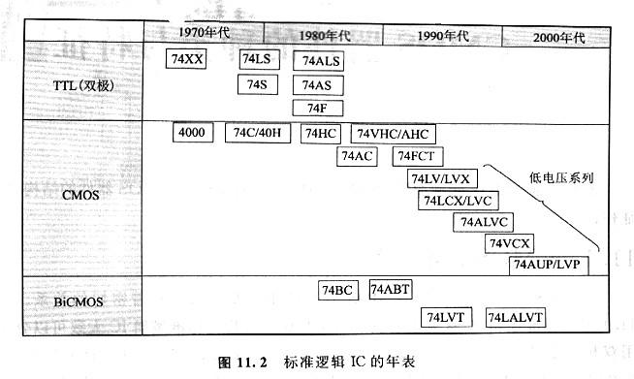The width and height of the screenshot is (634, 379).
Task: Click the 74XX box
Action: pos(187,60)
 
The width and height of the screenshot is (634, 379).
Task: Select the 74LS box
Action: pos(257,60)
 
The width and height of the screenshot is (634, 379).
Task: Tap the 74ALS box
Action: pos(320,61)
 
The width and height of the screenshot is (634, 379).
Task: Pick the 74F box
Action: pos(319,107)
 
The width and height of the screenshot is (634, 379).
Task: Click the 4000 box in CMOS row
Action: pos(191,133)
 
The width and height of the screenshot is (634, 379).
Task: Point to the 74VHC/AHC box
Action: pos(395,134)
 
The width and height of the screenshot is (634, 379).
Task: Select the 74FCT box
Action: pos(418,156)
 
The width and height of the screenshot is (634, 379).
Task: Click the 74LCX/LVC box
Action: pos(457,201)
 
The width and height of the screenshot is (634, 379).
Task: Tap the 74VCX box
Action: pos(509,243)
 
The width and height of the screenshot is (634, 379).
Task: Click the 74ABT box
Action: pos(390,290)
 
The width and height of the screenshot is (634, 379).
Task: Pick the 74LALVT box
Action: pos(516,317)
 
